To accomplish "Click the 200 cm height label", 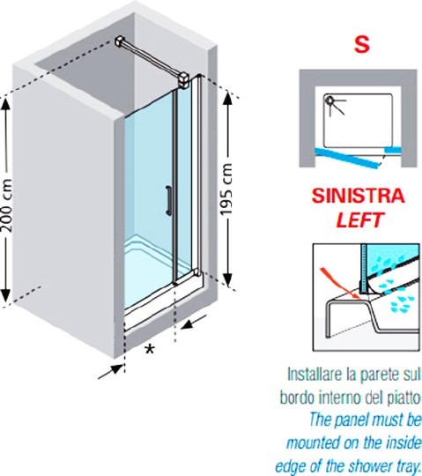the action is (x=7, y=205).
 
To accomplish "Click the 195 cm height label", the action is (x=226, y=190).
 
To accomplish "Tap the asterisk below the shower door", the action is (x=149, y=349).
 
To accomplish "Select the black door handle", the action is (x=168, y=201).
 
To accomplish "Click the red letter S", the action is (x=362, y=44).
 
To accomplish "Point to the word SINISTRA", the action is (x=359, y=196).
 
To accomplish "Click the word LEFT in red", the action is (x=360, y=219).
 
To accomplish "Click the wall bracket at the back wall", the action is (x=121, y=42).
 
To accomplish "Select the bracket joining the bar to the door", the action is (x=183, y=80).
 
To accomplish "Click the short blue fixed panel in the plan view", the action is (x=393, y=149).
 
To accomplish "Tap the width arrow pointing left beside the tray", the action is (x=194, y=323).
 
